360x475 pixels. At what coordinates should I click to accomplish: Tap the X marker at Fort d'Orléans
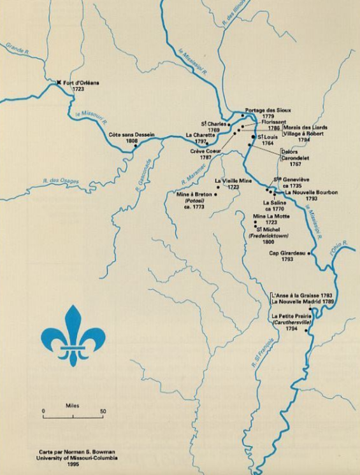click(59, 82)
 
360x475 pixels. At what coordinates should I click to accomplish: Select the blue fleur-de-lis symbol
click(71, 336)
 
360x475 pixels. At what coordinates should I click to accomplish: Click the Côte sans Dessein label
click(132, 134)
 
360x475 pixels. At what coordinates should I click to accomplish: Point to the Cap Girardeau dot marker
click(309, 253)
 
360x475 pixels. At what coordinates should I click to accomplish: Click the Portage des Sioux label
click(268, 110)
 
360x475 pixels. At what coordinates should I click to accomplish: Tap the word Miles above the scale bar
click(72, 404)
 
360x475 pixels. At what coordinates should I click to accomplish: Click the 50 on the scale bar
click(103, 411)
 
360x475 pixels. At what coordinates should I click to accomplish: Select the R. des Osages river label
click(62, 181)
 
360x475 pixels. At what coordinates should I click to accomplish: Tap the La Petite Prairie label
click(291, 316)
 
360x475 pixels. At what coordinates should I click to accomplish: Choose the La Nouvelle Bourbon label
click(312, 192)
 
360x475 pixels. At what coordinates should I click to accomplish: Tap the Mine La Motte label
click(271, 216)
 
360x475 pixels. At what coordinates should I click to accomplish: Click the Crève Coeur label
click(205, 151)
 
